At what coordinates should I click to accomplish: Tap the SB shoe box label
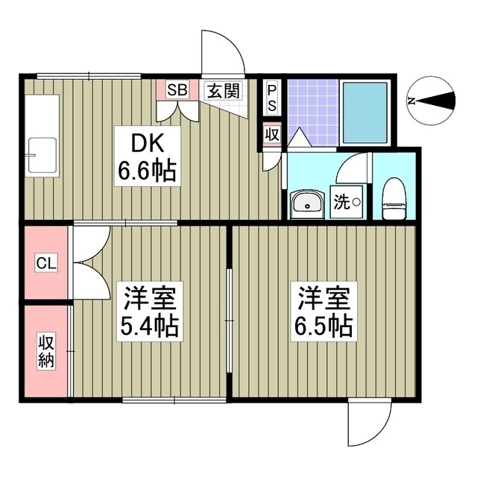click(x=177, y=91)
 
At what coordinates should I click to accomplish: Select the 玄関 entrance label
click(x=223, y=91)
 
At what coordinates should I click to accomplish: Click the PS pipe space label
click(x=272, y=97)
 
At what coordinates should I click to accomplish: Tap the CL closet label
click(x=45, y=263)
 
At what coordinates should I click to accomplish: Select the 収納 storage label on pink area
click(x=45, y=350)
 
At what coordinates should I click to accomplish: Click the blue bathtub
click(x=364, y=112)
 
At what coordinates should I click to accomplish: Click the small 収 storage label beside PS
click(x=272, y=135)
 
